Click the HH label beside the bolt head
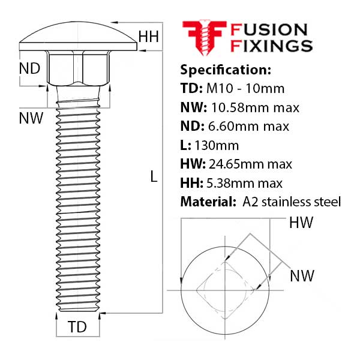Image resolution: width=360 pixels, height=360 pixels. coord(148,37)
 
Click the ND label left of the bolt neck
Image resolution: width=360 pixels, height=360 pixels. coord(29,69)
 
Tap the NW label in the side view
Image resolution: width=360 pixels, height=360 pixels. coord(31,118)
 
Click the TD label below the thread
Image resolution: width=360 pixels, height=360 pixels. coord(77,327)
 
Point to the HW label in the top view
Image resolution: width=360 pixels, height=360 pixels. coord(301,223)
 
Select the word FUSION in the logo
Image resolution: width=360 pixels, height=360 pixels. coord(269,29)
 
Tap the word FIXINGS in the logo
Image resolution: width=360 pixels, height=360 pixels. coord(272,46)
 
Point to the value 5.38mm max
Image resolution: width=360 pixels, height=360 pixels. coord(245,183)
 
